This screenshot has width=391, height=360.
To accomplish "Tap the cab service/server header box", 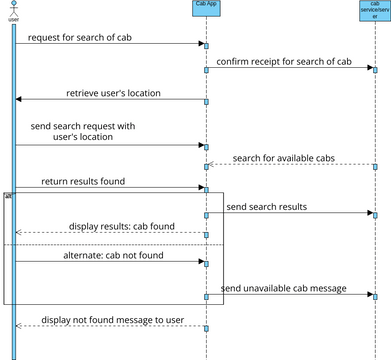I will (x=375, y=11).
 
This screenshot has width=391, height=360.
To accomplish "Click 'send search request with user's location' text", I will (x=85, y=132).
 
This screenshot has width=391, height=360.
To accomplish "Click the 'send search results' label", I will (x=266, y=207).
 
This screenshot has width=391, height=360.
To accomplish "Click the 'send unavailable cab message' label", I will (x=284, y=288).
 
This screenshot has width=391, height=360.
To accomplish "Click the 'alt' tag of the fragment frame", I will (x=8, y=196).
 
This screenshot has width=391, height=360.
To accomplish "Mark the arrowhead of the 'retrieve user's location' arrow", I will (x=18, y=99).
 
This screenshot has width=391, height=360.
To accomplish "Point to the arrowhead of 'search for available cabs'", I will (x=212, y=165).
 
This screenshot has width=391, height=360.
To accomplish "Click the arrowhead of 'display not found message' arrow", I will (x=18, y=326).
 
